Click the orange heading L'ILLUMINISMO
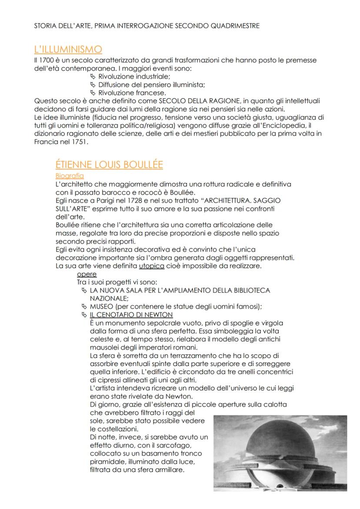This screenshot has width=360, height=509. tap(68, 50)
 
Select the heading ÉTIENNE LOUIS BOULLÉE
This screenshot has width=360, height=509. tap(109, 165)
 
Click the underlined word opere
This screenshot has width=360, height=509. tap(87, 274)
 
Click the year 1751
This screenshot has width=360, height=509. tap(79, 142)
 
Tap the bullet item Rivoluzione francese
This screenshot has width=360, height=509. tap(132, 93)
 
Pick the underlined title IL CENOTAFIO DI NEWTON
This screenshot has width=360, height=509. tap(131, 315)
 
